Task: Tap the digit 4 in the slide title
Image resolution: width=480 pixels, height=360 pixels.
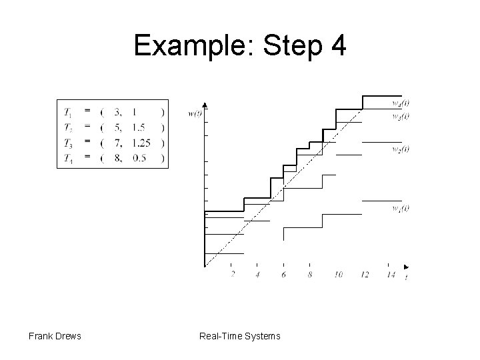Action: [x=337, y=46]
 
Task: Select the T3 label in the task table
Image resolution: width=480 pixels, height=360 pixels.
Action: [x=69, y=143]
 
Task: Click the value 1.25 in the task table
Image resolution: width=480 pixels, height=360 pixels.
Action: [x=141, y=143]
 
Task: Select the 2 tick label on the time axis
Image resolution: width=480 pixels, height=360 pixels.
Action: [x=232, y=275]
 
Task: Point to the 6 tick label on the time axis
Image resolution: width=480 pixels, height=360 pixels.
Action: [x=284, y=275]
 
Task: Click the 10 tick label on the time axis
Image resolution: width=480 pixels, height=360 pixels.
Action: [x=338, y=275]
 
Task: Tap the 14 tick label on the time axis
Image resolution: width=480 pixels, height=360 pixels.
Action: [x=390, y=275]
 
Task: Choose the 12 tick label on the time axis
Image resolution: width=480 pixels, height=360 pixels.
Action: [x=364, y=275]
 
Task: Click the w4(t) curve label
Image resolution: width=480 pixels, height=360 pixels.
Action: [x=401, y=103]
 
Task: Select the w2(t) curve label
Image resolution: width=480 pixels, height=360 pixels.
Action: [x=401, y=149]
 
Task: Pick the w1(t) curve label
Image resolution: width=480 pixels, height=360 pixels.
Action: [x=401, y=208]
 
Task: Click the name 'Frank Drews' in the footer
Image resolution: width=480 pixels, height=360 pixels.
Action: [x=55, y=335]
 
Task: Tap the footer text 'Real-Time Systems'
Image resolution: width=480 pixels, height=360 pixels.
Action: [x=240, y=335]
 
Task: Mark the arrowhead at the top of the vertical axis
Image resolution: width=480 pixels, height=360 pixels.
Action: [x=205, y=105]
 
